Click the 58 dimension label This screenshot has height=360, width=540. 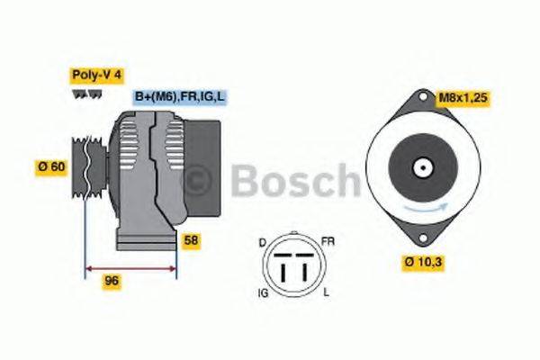191,240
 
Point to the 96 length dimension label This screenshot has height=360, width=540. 112,282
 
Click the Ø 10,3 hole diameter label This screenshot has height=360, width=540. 424,262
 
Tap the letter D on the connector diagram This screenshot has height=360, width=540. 262,244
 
